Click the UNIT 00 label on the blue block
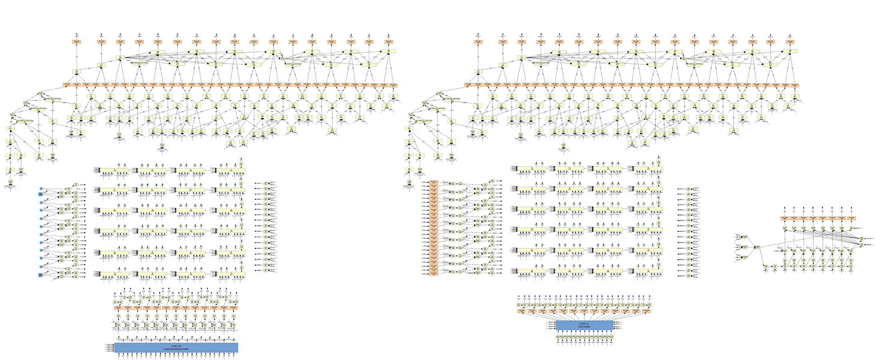pyautogui.click(x=175, y=346)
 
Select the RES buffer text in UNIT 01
pyautogui.click(x=584, y=326)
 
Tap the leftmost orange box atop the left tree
pyautogui.click(x=77, y=42)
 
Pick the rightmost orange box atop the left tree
pyautogui.click(x=388, y=42)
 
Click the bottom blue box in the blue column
pyautogui.click(x=40, y=275)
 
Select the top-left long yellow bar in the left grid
pyautogui.click(x=114, y=170)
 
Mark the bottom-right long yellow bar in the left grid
pyautogui.click(x=231, y=274)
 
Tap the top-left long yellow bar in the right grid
pyautogui.click(x=531, y=168)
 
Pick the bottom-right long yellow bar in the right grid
pyautogui.click(x=648, y=271)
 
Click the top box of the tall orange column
pyautogui.click(x=434, y=183)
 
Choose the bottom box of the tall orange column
pyautogui.click(x=434, y=273)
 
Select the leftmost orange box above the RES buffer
pyautogui.click(x=521, y=310)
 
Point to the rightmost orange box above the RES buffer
pyautogui.click(x=647, y=310)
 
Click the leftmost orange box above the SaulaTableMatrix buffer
pyautogui.click(x=118, y=308)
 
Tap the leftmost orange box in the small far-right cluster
pyautogui.click(x=785, y=218)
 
